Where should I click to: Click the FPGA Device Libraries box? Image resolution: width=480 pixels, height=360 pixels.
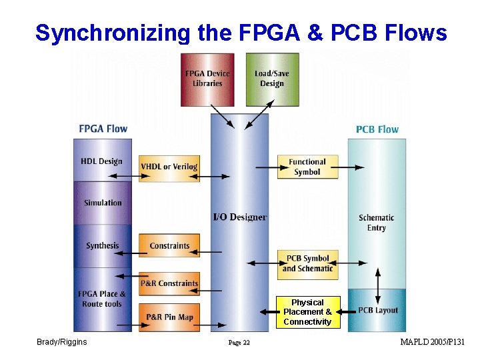[x=207, y=79]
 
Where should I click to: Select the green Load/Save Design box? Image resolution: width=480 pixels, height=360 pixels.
[x=271, y=79]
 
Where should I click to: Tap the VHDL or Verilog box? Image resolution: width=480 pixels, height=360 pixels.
[x=169, y=167]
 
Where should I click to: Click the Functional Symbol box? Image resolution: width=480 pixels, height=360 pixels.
[x=307, y=167]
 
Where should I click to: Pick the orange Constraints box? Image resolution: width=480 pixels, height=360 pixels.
[x=169, y=245]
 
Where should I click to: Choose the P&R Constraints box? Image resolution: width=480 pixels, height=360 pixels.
[x=169, y=283]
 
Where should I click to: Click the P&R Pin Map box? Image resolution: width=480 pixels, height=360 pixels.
[x=169, y=317]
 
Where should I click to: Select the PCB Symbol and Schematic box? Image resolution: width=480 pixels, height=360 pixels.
[x=307, y=263]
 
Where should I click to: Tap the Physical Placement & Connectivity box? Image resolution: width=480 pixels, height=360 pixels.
[x=307, y=312]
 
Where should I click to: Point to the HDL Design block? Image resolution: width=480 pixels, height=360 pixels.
[x=102, y=161]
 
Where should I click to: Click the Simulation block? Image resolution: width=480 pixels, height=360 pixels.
[x=103, y=203]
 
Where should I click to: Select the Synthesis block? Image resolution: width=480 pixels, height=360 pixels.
[x=102, y=245]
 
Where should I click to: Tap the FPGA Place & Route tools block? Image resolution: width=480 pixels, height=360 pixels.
[x=102, y=299]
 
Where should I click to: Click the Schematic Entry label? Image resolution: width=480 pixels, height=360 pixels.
[x=377, y=223]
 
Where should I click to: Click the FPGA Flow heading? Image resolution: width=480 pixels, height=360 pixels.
[x=103, y=128]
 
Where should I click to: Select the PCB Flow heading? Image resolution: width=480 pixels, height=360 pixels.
[x=377, y=129]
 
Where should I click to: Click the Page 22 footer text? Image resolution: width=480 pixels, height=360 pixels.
[x=239, y=343]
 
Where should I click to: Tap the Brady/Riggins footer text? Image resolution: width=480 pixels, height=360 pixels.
[x=62, y=342]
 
